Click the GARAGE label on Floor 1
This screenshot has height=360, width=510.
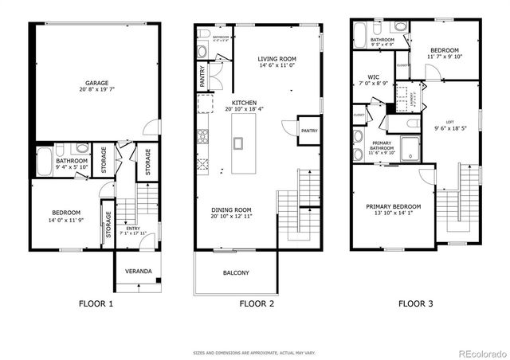coord(97,82)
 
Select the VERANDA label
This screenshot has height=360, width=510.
coord(138,272)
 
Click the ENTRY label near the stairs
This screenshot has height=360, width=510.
coord(127,229)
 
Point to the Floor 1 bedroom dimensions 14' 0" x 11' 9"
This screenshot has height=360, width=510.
coord(66,218)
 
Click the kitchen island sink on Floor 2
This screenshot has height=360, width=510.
coord(238,143)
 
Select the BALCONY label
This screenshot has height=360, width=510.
coord(236,273)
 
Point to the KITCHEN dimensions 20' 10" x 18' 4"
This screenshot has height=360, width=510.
coord(244,110)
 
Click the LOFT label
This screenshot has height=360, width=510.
coord(450,121)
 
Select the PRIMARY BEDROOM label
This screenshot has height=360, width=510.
coord(394,206)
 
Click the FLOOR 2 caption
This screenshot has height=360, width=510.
coord(257,303)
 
